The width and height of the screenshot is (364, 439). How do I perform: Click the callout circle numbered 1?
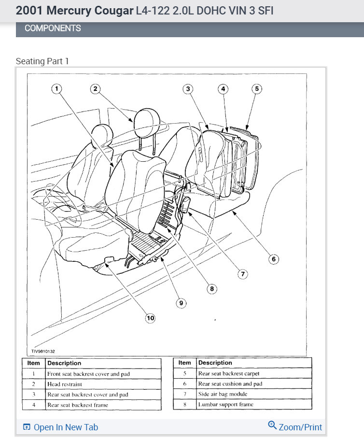click(x=57, y=88)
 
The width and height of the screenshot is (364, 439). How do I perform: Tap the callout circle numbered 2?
click(x=95, y=88)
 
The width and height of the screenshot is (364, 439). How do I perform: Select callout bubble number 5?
click(x=257, y=88)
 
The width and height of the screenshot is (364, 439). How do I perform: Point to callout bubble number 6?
click(x=273, y=259)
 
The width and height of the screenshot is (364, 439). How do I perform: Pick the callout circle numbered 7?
click(x=242, y=274)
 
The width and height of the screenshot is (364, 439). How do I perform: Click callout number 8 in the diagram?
click(x=211, y=289)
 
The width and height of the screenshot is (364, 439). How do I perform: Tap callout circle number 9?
click(x=181, y=303)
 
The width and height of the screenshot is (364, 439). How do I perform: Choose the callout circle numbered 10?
click(x=150, y=318)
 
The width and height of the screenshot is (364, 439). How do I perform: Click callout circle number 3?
click(x=188, y=88)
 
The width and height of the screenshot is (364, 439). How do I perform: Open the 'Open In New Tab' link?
click(x=61, y=427)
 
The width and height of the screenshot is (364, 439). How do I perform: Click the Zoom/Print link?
click(x=295, y=427)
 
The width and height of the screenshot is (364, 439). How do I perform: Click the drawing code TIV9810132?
click(x=43, y=351)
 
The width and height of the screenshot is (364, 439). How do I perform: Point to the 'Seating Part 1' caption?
click(x=42, y=61)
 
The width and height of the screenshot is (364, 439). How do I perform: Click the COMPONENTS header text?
click(x=53, y=28)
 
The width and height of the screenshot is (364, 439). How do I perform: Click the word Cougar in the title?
click(x=109, y=10)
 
